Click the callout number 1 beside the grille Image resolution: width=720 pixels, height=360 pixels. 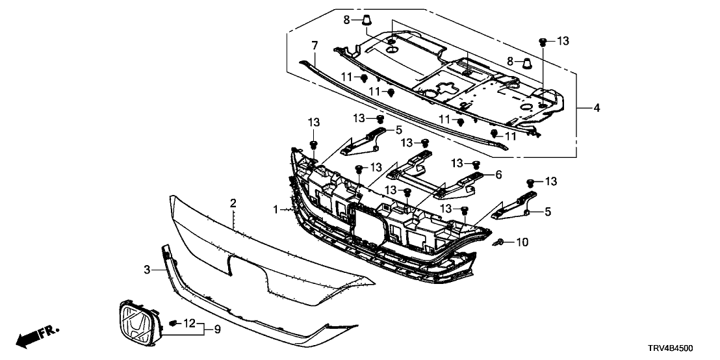[x=276, y=210]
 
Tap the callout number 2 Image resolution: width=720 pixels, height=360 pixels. [x=232, y=204]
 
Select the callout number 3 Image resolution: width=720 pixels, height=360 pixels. [x=148, y=268]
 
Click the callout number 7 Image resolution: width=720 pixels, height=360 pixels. [x=315, y=45]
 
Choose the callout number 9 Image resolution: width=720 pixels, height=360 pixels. [x=217, y=329]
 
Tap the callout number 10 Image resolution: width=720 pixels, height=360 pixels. [x=522, y=242]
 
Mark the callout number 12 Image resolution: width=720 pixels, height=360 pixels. [x=189, y=323]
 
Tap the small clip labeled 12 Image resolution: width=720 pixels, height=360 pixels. [x=173, y=323]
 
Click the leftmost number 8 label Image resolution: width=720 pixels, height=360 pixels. [x=348, y=20]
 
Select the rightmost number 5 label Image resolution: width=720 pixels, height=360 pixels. [x=547, y=211]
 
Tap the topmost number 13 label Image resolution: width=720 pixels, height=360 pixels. [x=563, y=41]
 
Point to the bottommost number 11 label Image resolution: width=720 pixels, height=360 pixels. [x=511, y=136]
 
